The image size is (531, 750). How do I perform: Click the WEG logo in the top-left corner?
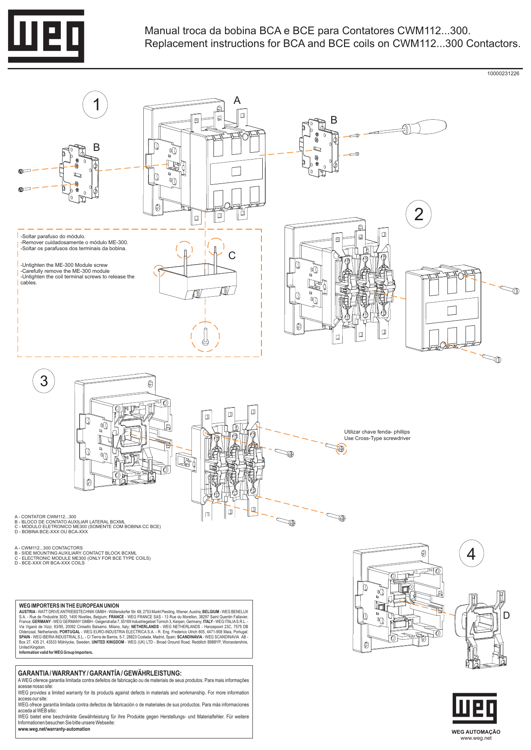click(46, 36)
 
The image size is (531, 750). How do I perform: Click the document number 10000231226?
click(503, 74)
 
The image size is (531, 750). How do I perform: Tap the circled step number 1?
click(95, 105)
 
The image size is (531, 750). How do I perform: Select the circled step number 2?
click(418, 214)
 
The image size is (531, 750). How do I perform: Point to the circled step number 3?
click(44, 381)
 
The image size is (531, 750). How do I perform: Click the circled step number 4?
click(471, 554)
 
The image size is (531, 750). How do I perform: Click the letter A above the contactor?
click(237, 100)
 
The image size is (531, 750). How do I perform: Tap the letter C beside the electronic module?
click(232, 256)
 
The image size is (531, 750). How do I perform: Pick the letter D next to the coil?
click(506, 615)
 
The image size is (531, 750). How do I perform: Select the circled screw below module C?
click(205, 337)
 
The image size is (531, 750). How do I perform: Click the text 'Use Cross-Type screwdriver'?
click(377, 438)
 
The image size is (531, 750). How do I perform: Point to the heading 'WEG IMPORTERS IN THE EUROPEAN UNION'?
click(69, 605)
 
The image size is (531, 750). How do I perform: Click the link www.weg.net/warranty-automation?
click(54, 729)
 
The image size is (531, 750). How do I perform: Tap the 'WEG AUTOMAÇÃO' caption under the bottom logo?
click(475, 732)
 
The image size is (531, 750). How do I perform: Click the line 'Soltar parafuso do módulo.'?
click(53, 236)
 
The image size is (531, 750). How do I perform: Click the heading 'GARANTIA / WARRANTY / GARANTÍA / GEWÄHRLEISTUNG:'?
click(100, 673)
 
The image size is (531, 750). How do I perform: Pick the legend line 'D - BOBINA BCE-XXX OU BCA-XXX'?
click(51, 532)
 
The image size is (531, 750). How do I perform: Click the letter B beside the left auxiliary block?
click(96, 148)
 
